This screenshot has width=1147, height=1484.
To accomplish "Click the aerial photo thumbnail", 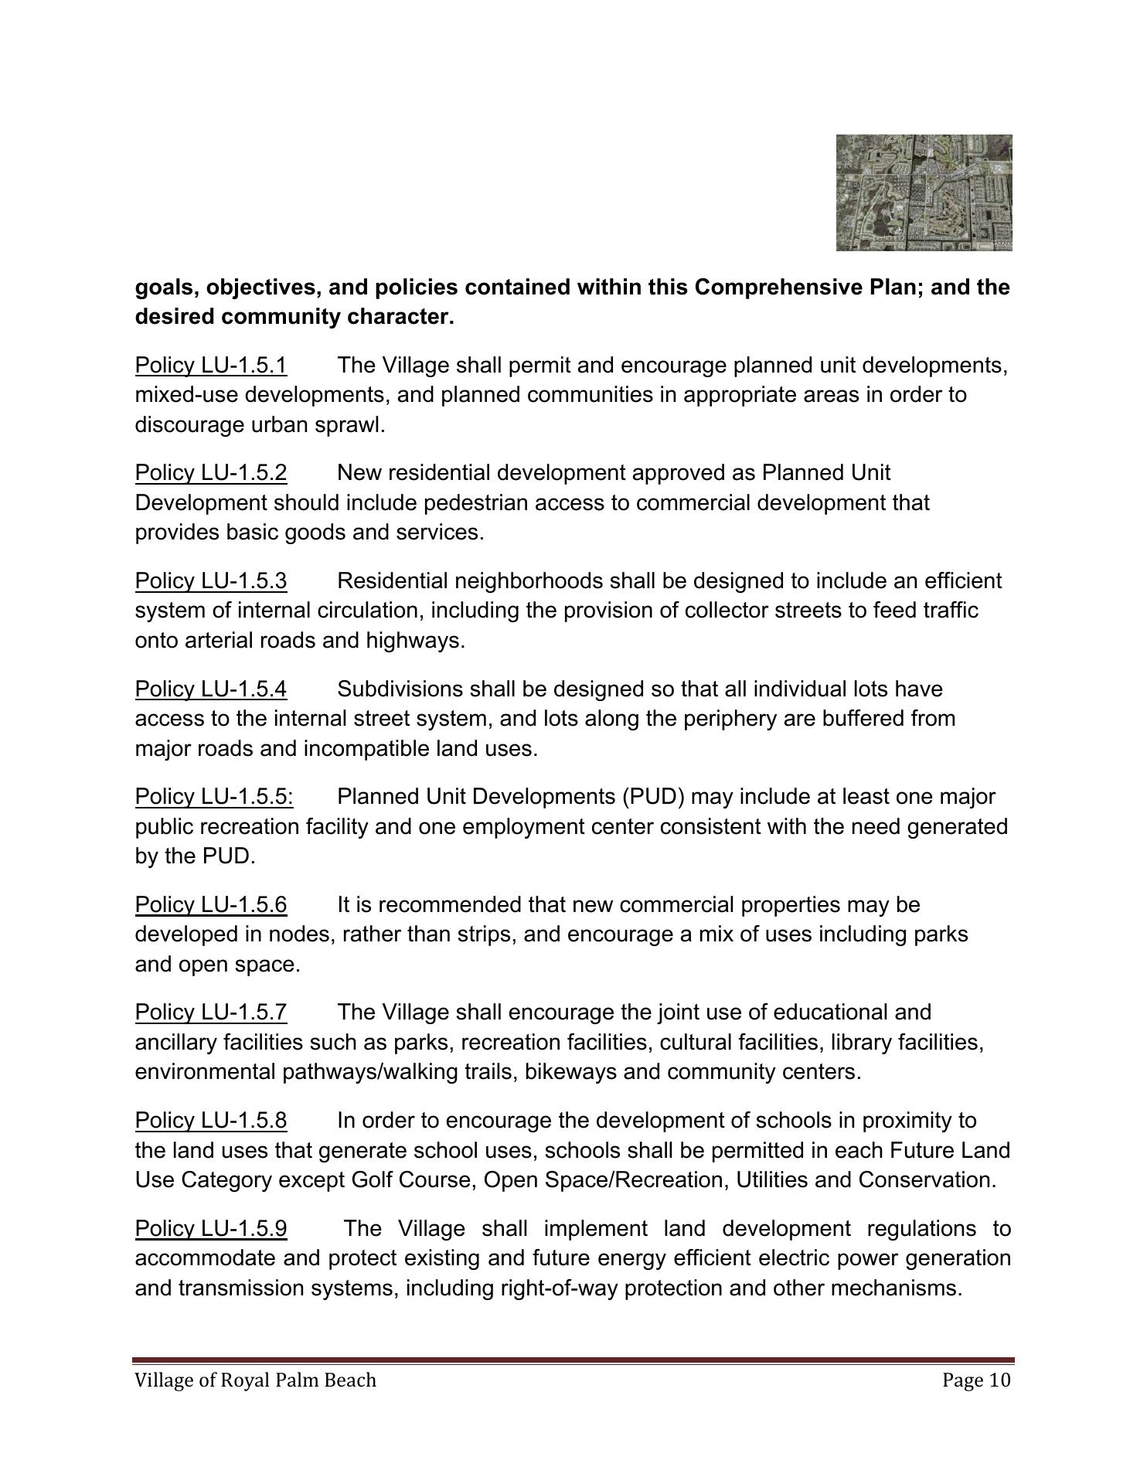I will [x=924, y=192].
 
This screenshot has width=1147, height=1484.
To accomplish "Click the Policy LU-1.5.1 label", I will [x=211, y=365].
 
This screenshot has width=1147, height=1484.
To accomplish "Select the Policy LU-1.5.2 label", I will [x=211, y=472].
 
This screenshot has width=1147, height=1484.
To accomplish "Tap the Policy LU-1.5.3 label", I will [x=211, y=580].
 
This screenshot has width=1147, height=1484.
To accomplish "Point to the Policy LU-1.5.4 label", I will [x=211, y=689].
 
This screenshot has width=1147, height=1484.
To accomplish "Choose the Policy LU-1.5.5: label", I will [x=214, y=796].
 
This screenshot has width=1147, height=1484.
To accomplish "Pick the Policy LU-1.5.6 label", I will [x=211, y=904].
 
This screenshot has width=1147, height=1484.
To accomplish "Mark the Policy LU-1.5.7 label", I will [x=211, y=1012].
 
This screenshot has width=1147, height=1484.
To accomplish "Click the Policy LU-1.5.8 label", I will [x=211, y=1120].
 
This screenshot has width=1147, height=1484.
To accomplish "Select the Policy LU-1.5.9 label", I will [x=211, y=1228].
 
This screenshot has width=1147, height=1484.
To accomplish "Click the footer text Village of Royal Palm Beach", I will [x=255, y=1380].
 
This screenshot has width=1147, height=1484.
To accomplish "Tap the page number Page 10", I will [x=976, y=1380].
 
